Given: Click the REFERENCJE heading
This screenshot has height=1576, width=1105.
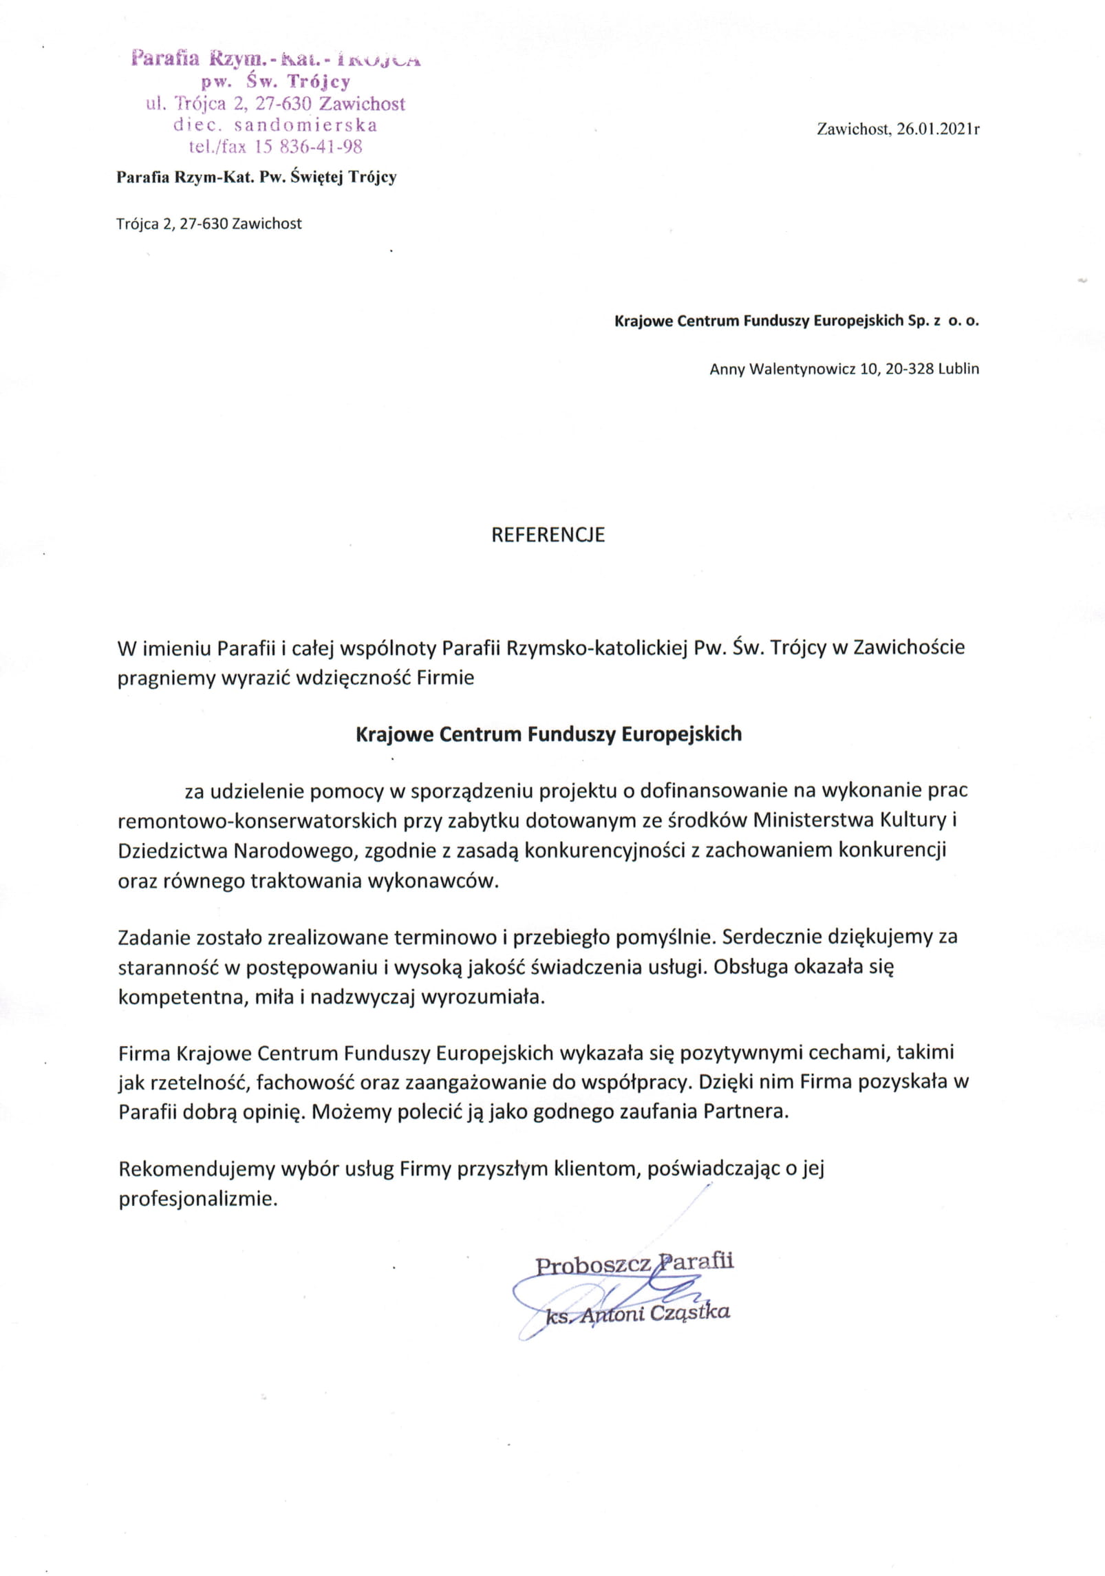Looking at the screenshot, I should pyautogui.click(x=548, y=535).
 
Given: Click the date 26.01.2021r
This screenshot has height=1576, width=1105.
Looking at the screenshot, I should pyautogui.click(x=938, y=129).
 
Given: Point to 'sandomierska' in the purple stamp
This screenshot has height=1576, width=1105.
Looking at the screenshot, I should pyautogui.click(x=305, y=125).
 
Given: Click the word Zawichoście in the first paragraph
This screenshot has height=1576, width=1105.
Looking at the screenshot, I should pyautogui.click(x=909, y=648).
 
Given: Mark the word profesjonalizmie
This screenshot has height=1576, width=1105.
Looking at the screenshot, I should pyautogui.click(x=198, y=1199).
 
